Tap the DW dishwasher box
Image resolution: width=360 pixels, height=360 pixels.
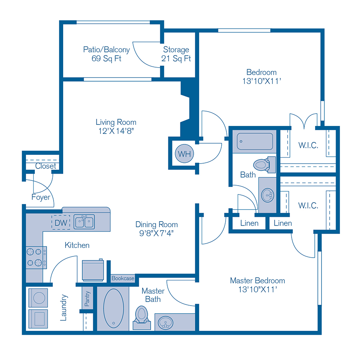pos(60,222)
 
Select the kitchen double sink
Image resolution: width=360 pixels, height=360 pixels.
pos(84,222)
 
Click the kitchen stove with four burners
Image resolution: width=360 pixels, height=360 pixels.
pos(34,257)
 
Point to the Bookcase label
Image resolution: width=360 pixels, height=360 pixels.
pos(123,278)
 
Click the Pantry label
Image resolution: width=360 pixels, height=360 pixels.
pos(88,298)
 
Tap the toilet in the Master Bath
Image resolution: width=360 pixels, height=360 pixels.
pos(141,315)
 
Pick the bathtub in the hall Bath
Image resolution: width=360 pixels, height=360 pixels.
pos(255,141)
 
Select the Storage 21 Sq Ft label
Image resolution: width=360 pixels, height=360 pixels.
pos(176,54)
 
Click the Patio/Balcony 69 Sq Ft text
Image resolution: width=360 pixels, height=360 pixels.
pos(106,54)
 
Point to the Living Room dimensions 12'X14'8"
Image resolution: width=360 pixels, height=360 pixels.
pos(116,131)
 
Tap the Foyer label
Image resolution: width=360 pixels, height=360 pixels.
pos(41,197)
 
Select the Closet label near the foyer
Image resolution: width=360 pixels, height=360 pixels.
pos(45,166)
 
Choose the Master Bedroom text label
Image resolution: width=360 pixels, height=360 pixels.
pos(257,280)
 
